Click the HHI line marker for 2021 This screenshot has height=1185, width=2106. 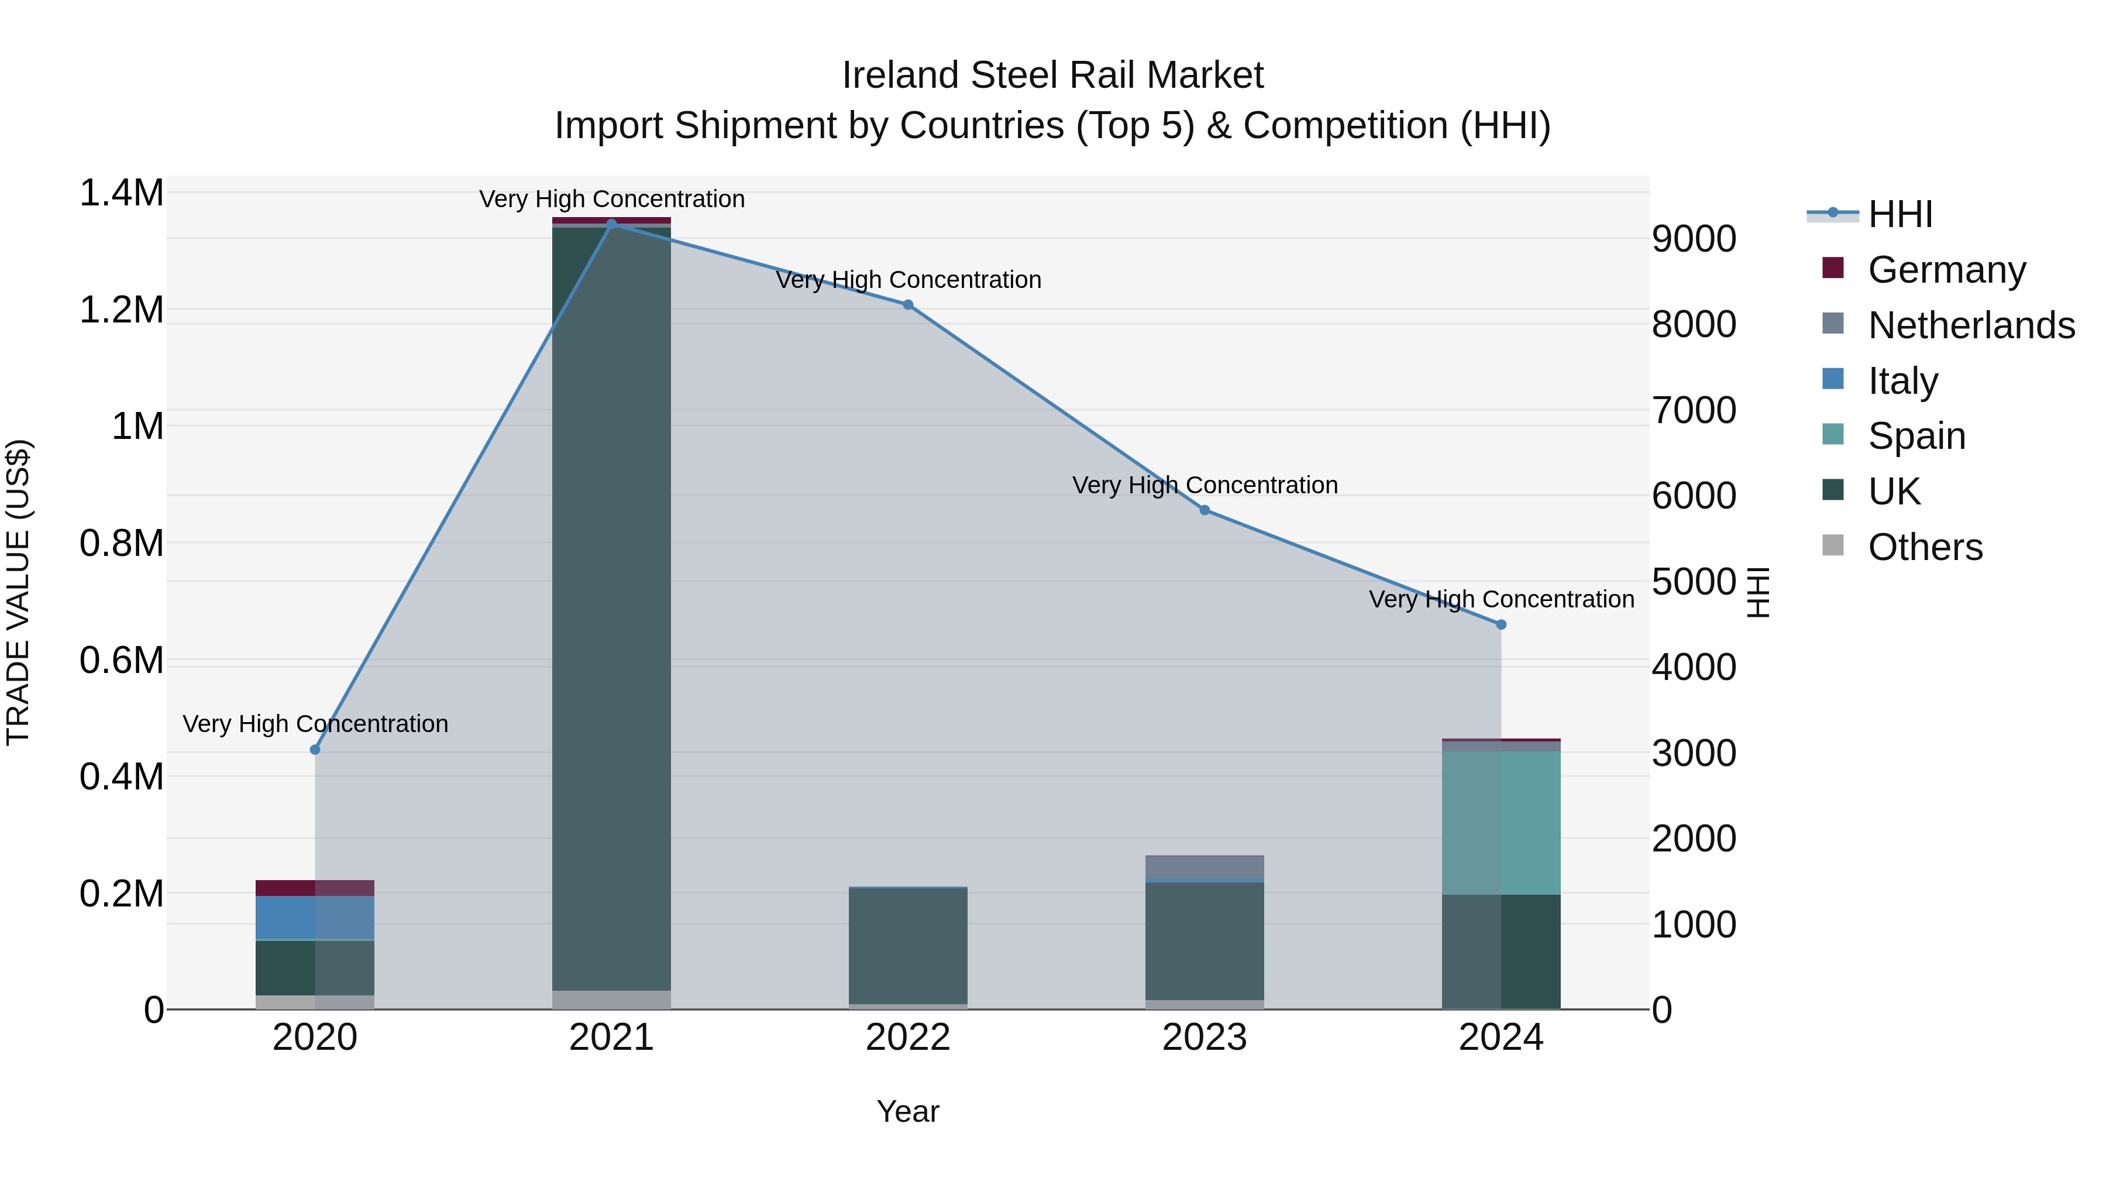pyautogui.click(x=611, y=224)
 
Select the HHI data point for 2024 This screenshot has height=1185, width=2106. pyautogui.click(x=1501, y=625)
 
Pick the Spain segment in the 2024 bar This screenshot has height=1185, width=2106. pyautogui.click(x=1501, y=823)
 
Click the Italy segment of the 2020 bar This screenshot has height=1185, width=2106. pyautogui.click(x=315, y=918)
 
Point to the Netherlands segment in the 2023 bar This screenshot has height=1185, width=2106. pyautogui.click(x=1205, y=867)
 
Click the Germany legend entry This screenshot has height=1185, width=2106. pyautogui.click(x=1946, y=270)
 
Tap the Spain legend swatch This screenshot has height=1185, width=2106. pyautogui.click(x=1833, y=434)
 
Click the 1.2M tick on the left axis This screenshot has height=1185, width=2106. pyautogui.click(x=121, y=311)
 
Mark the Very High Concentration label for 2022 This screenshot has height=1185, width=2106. pyautogui.click(x=909, y=280)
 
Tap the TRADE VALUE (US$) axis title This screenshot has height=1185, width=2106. pyautogui.click(x=18, y=592)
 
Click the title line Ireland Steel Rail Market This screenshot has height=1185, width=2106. pyautogui.click(x=1052, y=75)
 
